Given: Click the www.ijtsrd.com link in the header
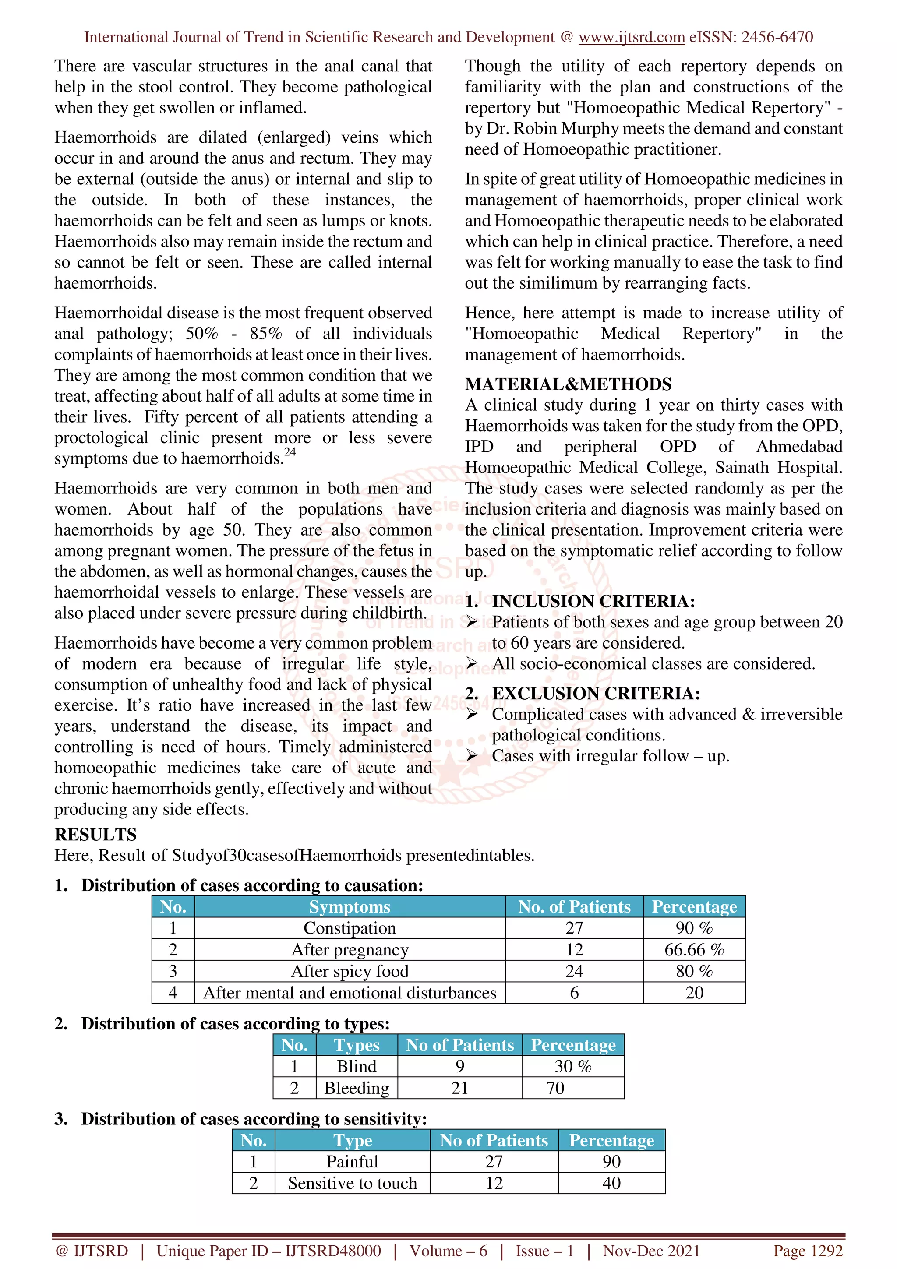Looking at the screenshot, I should coord(631,37).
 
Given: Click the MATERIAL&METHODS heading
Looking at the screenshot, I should coord(568,384).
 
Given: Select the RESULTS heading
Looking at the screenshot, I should coord(95,835).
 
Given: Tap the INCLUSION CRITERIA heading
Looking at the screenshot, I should coord(593,601).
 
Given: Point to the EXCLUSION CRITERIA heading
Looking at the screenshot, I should coord(596,694).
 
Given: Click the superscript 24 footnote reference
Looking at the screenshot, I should coord(290,452).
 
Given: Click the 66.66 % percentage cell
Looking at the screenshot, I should coord(694,949).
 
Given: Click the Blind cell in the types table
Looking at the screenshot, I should coord(357,1066).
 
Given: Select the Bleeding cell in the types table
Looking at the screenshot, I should coord(357,1088).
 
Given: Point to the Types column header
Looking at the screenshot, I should coord(357,1045).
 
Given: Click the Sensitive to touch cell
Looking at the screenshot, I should coord(352,1183).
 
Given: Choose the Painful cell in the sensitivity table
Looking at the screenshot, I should coord(352,1161).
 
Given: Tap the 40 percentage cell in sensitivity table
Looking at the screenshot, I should coord(611,1183).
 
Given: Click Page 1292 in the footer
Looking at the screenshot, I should coord(808,1251).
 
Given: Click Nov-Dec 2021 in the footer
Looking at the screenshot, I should coord(651,1251).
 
